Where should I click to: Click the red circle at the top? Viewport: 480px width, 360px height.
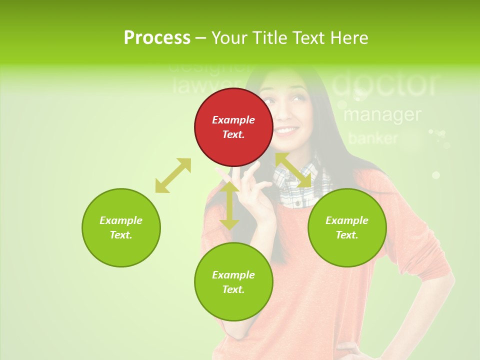click(233, 127)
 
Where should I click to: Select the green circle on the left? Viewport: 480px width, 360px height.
click(121, 227)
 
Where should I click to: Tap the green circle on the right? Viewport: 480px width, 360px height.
click(347, 227)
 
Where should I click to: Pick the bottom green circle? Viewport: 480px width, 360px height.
click(233, 282)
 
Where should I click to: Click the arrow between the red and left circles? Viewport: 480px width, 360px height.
click(173, 175)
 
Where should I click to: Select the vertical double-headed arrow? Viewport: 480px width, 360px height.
click(229, 205)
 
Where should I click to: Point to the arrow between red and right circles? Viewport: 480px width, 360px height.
click(293, 170)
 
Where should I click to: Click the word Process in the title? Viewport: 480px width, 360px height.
click(157, 37)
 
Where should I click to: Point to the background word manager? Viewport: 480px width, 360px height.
click(382, 114)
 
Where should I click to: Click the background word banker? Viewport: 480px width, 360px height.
click(373, 138)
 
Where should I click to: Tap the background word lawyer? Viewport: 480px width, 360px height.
click(202, 86)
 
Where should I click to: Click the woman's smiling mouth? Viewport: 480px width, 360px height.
click(286, 131)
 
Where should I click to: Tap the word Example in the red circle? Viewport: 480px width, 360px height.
click(233, 120)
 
